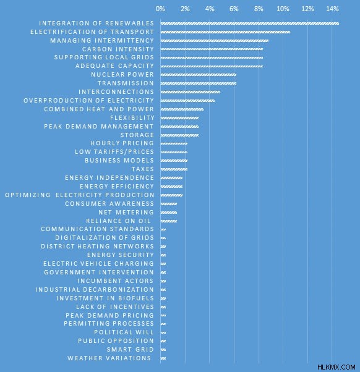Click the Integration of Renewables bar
click(249, 23)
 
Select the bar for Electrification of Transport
click(225, 32)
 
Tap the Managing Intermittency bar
click(215, 41)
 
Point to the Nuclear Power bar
click(199, 75)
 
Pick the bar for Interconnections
click(191, 92)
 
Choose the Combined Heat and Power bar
click(182, 109)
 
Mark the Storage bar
click(179, 135)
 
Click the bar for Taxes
click(174, 169)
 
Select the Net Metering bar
click(169, 213)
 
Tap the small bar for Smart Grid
click(163, 350)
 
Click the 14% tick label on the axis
click(332, 9)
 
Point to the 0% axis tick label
click(160, 9)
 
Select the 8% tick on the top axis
click(259, 9)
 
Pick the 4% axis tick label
click(210, 9)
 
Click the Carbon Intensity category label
click(118, 49)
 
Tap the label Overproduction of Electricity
click(89, 101)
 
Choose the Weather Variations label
click(109, 358)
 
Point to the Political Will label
click(124, 332)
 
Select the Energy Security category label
click(121, 255)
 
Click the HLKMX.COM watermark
click(336, 367)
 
